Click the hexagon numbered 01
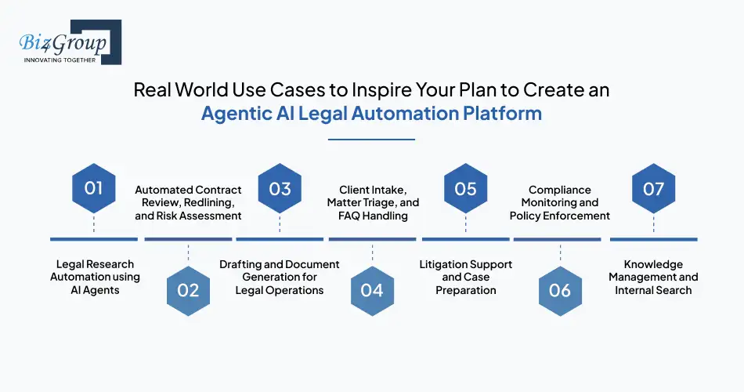click(x=94, y=188)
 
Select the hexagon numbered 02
click(x=188, y=290)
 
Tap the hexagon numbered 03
click(x=280, y=188)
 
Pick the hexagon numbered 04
click(x=372, y=290)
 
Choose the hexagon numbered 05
click(x=465, y=188)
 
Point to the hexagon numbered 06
click(x=560, y=290)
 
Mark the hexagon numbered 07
click(x=653, y=188)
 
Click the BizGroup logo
click(x=67, y=42)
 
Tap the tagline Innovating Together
click(x=60, y=60)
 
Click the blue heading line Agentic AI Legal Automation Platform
click(x=371, y=113)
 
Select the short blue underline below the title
click(x=371, y=140)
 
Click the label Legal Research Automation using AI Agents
click(x=95, y=277)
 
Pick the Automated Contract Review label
click(x=188, y=202)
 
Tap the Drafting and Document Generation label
click(x=280, y=277)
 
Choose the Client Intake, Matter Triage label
click(x=373, y=202)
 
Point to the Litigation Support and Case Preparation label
click(x=466, y=277)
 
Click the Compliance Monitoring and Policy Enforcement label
click(x=559, y=202)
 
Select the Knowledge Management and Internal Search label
click(x=653, y=277)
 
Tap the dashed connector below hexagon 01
click(x=94, y=224)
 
